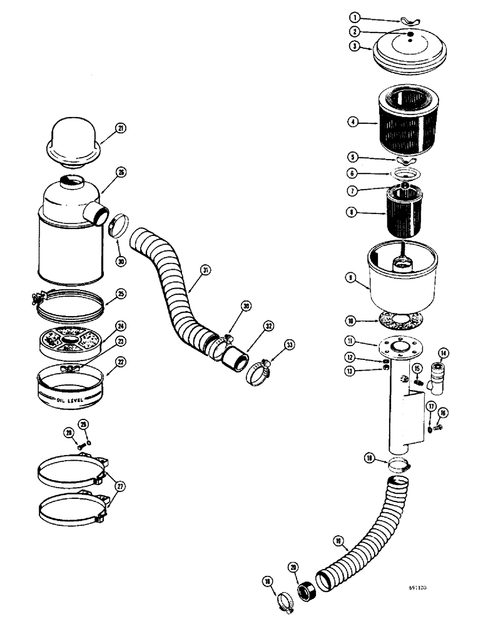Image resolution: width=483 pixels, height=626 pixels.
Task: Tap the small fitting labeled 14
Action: click(437, 380)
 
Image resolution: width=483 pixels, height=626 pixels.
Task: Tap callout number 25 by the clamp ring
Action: click(121, 293)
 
